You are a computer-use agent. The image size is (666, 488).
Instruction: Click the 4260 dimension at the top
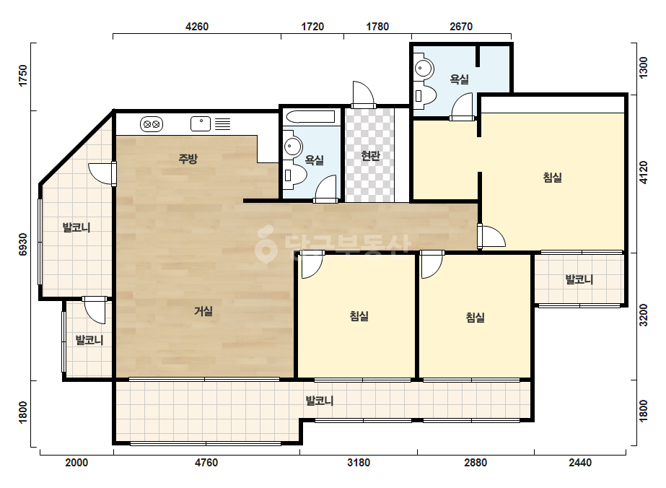tap(197, 27)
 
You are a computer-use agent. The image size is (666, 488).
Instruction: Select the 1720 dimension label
tap(312, 27)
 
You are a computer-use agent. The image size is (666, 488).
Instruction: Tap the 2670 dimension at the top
tap(461, 27)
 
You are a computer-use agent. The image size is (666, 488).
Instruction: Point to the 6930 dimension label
tap(23, 245)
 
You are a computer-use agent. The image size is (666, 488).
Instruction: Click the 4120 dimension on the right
tap(644, 172)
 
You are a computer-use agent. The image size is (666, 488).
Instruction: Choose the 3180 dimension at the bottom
tap(359, 462)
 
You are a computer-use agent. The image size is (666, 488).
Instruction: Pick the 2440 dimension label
tap(580, 462)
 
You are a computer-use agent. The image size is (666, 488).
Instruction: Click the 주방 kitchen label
tap(188, 159)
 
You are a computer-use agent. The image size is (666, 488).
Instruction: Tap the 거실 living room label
tap(203, 311)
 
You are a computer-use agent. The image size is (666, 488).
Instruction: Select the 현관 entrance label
tap(370, 156)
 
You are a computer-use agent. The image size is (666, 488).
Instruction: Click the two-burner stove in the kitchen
tap(152, 124)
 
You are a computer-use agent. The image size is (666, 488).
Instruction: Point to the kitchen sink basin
tap(201, 123)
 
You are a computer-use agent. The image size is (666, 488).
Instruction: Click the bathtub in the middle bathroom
tap(310, 116)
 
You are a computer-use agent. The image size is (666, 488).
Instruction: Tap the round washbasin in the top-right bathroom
tap(424, 68)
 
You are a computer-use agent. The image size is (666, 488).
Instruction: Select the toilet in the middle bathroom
tap(295, 175)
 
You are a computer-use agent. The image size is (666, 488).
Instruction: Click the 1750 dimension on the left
tap(23, 76)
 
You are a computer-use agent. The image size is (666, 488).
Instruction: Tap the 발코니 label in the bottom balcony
tap(320, 401)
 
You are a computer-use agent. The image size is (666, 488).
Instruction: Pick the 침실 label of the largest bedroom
tap(553, 178)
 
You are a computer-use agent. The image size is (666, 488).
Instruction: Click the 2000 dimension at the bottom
tap(76, 462)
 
